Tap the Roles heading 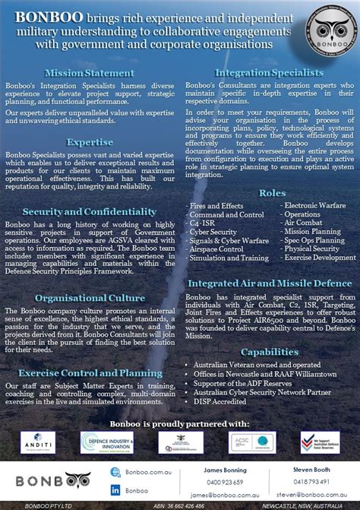click(271, 193)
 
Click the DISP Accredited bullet click(220, 401)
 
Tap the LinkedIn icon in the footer click(116, 490)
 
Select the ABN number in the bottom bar click(177, 505)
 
